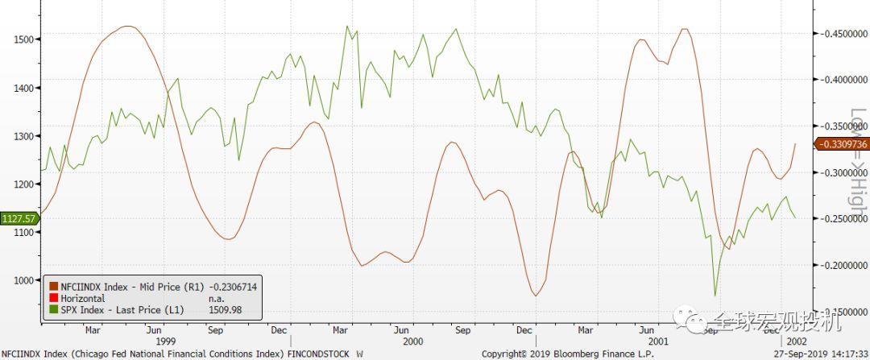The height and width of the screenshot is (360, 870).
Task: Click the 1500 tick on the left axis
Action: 17,39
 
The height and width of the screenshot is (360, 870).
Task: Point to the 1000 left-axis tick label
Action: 17,280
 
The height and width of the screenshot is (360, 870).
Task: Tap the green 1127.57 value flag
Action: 19,218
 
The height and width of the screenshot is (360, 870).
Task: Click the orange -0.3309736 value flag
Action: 842,144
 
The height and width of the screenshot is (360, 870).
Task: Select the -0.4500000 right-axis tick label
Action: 841,34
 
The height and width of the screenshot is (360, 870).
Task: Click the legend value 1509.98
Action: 226,310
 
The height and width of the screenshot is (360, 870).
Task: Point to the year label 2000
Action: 413,341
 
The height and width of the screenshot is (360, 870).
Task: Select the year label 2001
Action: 658,341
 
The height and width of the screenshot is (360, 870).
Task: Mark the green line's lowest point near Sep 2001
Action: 715,296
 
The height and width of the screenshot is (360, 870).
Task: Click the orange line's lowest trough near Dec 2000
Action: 536,296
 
